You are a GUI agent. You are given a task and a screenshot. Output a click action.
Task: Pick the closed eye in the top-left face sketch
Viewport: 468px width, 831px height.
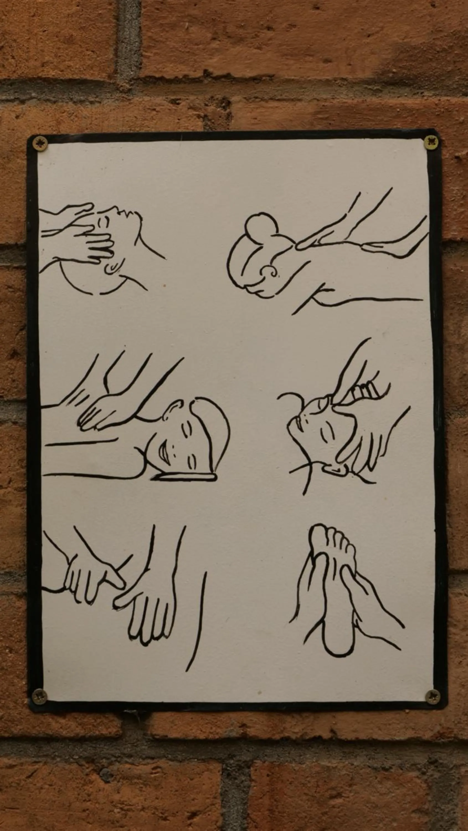104,222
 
